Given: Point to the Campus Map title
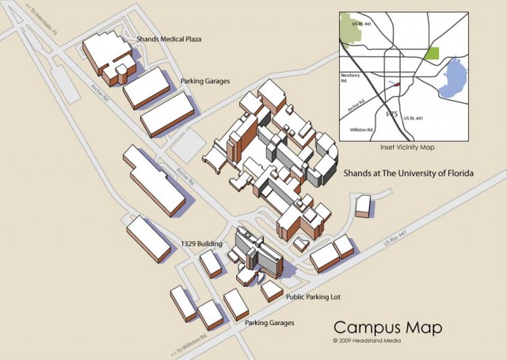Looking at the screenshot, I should click(x=387, y=327).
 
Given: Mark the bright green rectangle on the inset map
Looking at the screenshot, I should click(x=432, y=54).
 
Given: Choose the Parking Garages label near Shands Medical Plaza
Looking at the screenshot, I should click(x=207, y=80).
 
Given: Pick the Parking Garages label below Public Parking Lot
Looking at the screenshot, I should click(x=269, y=323).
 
